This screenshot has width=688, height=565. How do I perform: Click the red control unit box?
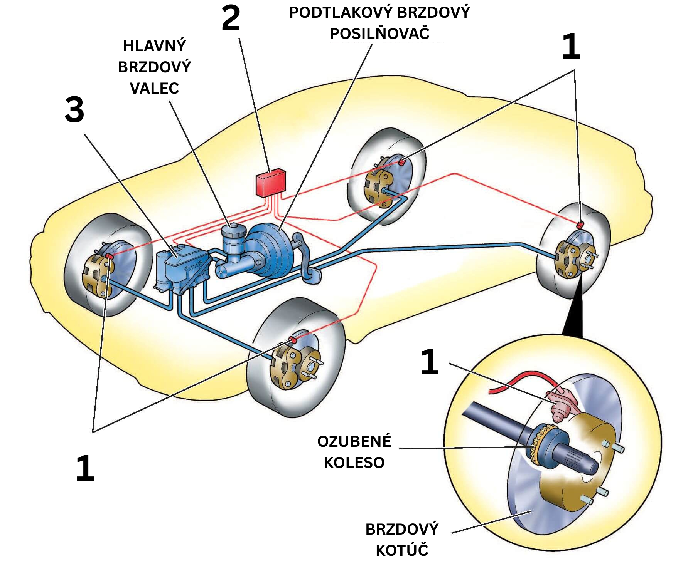(271, 183)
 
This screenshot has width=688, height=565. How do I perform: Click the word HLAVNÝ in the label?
(154, 46)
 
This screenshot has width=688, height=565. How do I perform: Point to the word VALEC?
(154, 88)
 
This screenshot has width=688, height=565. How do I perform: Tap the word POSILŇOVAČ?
(379, 34)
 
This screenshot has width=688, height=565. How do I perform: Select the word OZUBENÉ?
(354, 441)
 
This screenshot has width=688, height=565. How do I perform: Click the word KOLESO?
(354, 463)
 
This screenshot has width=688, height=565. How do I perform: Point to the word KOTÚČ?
(402, 550)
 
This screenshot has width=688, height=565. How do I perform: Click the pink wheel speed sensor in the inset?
(561, 404)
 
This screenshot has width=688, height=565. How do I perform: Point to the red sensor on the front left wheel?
(109, 256)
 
